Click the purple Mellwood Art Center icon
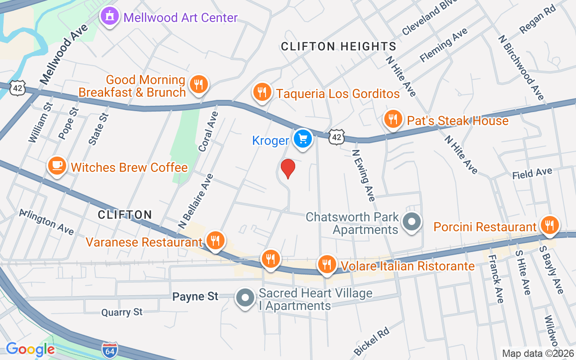(x=109, y=17)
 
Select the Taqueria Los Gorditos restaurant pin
(x=261, y=92)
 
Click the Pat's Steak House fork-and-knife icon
(x=393, y=119)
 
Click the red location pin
(x=288, y=169)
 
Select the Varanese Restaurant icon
(x=216, y=240)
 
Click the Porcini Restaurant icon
(x=549, y=225)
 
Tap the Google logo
(x=30, y=349)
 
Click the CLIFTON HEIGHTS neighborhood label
(x=338, y=46)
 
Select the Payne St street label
(x=195, y=296)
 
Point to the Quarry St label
(x=122, y=312)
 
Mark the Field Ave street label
(x=532, y=173)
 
